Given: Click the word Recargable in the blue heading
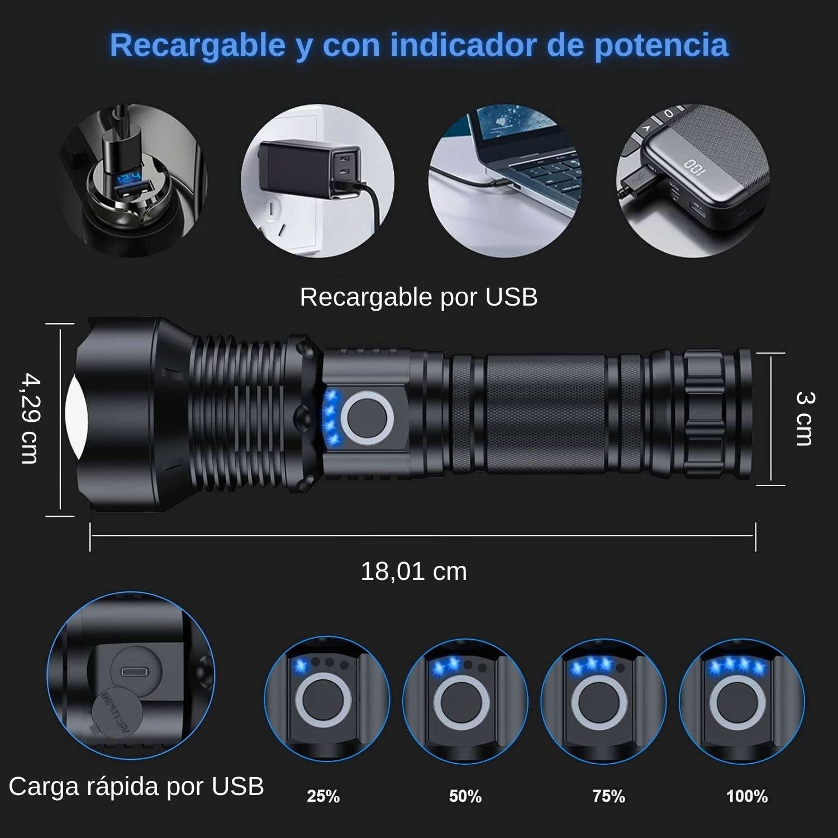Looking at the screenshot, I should (198, 45).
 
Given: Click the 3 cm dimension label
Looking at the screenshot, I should (804, 419).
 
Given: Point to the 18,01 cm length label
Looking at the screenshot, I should (413, 572).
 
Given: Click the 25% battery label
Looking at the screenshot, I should (323, 796).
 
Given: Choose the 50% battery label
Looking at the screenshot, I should (465, 796).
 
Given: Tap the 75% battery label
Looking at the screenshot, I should (608, 796).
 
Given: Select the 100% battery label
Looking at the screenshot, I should (747, 796).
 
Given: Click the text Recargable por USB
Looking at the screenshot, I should (418, 297).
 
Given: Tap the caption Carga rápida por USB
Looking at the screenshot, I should (136, 787).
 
